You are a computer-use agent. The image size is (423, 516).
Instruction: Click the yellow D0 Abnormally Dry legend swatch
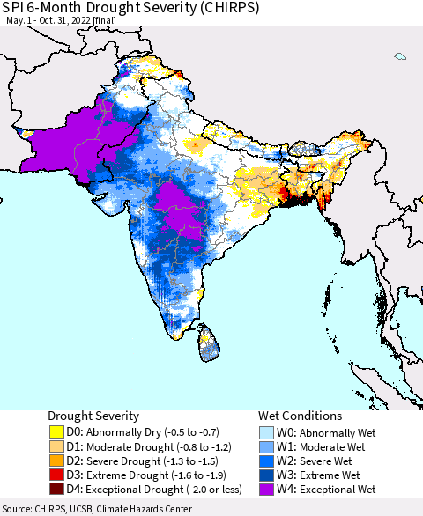[x=57, y=432]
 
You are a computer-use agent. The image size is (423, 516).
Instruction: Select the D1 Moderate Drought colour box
[x=57, y=446]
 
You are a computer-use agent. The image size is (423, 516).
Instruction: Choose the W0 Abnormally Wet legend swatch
[x=267, y=432]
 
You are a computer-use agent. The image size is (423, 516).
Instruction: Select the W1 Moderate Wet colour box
[x=267, y=446]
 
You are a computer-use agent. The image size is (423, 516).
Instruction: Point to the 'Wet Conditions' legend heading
[x=301, y=416]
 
